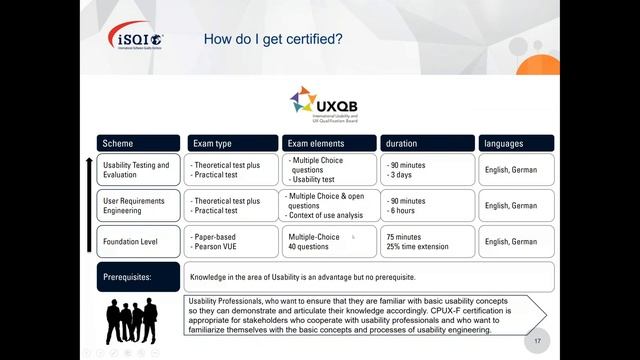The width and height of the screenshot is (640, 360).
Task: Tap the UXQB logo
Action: [324, 104]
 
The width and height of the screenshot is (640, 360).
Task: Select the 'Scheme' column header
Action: [139, 143]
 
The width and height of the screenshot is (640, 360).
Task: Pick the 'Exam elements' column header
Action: [327, 143]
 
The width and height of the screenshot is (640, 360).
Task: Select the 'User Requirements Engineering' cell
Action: [139, 205]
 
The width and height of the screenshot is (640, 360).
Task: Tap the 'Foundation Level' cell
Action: [139, 241]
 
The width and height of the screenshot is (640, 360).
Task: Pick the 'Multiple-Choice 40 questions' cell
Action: [327, 241]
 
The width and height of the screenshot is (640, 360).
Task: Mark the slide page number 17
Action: [539, 340]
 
